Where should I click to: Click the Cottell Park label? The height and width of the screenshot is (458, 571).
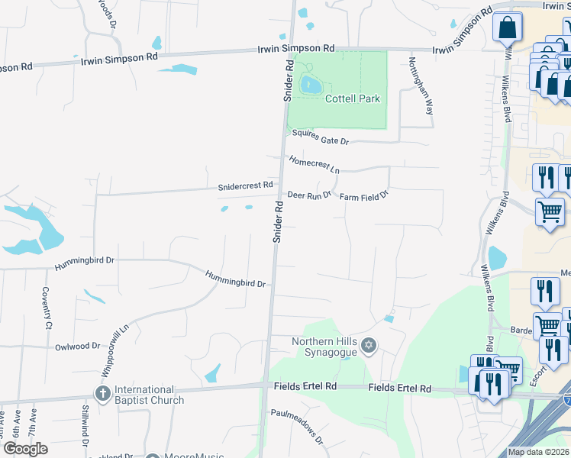[353, 98]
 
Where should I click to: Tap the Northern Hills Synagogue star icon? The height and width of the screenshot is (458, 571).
[369, 347]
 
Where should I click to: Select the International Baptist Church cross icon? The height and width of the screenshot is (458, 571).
[103, 394]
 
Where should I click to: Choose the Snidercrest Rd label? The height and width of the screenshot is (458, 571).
[245, 185]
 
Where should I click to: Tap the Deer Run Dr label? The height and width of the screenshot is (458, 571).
[309, 195]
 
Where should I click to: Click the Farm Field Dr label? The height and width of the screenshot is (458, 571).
[364, 195]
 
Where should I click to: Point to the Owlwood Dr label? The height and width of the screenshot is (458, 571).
[77, 347]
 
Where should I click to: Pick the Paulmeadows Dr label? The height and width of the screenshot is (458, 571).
[298, 427]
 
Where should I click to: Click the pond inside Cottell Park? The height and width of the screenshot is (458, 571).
[310, 85]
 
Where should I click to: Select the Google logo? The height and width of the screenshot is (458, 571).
[25, 449]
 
